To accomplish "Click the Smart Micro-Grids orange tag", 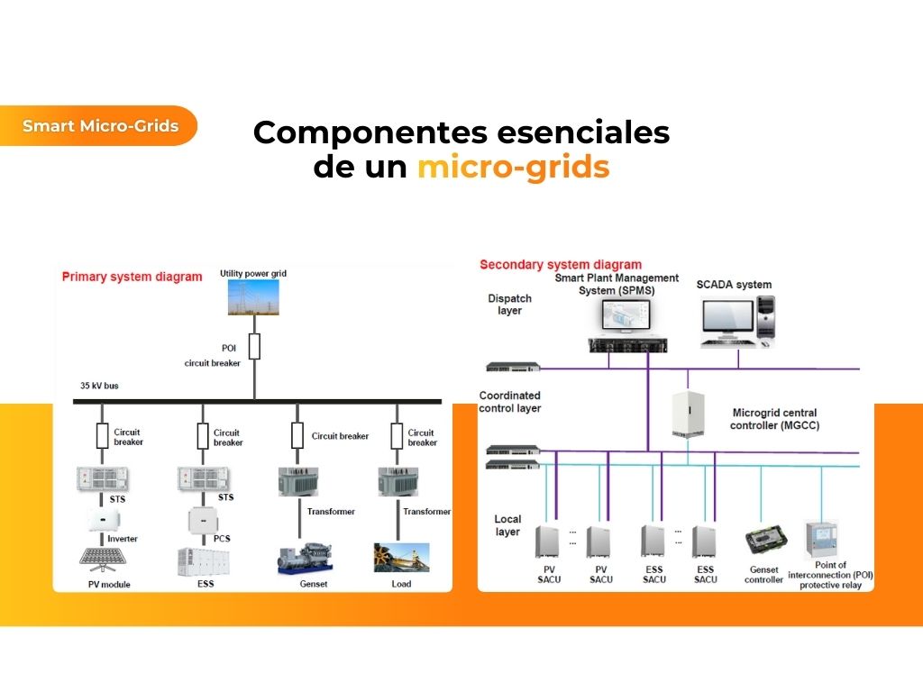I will pyautogui.click(x=99, y=126).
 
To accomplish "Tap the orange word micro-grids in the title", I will pyautogui.click(x=513, y=168).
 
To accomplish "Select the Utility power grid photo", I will pyautogui.click(x=253, y=298).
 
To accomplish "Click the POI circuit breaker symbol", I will pyautogui.click(x=254, y=347).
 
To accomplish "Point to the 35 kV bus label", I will pyautogui.click(x=99, y=386).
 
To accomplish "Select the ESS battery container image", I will pyautogui.click(x=200, y=560).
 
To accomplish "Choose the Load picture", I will pyautogui.click(x=401, y=558).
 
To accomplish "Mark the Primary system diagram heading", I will pyautogui.click(x=132, y=277).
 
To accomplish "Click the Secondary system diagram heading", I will pyautogui.click(x=561, y=265).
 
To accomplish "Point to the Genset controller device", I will pyautogui.click(x=764, y=541).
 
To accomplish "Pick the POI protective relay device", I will pyautogui.click(x=821, y=540).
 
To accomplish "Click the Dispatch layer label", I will pyautogui.click(x=509, y=305).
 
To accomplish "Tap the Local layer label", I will pyautogui.click(x=507, y=525).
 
